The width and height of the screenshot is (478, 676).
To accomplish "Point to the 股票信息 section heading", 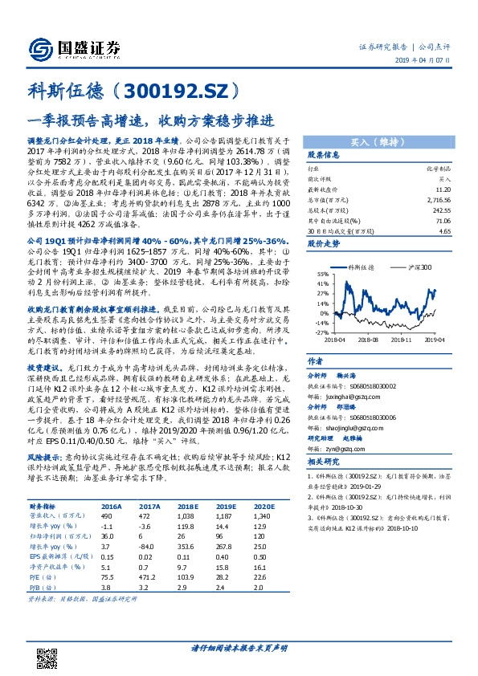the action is tap(324, 155).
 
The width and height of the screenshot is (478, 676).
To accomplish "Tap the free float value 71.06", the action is tap(441, 218).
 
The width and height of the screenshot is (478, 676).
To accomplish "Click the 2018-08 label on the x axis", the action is tap(369, 340).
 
